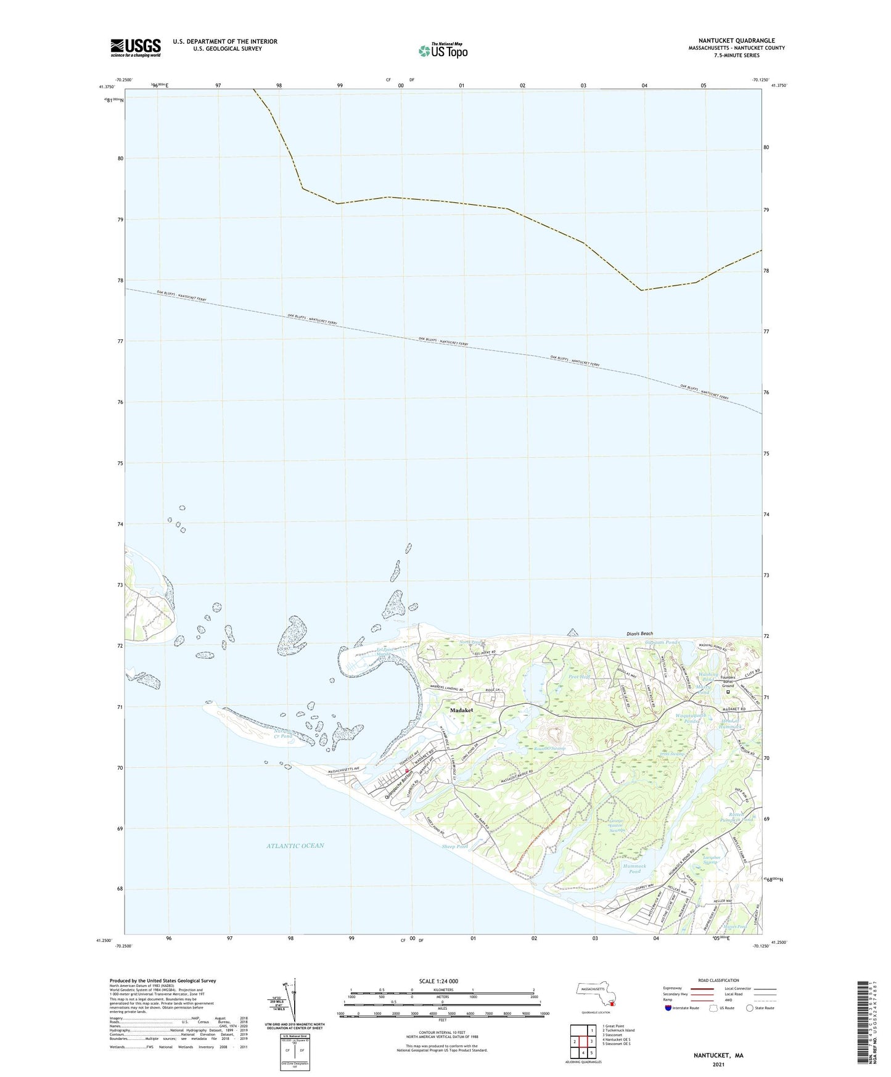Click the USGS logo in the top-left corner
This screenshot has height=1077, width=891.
[x=135, y=47]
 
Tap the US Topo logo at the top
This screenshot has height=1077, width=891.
[x=442, y=51]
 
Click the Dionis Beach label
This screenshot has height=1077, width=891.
[x=636, y=633]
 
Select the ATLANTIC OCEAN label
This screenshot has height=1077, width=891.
[x=295, y=846]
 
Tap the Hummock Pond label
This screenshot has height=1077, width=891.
[x=634, y=869]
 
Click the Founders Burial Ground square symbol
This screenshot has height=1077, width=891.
[x=728, y=692]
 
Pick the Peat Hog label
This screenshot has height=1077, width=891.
[x=580, y=677]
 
